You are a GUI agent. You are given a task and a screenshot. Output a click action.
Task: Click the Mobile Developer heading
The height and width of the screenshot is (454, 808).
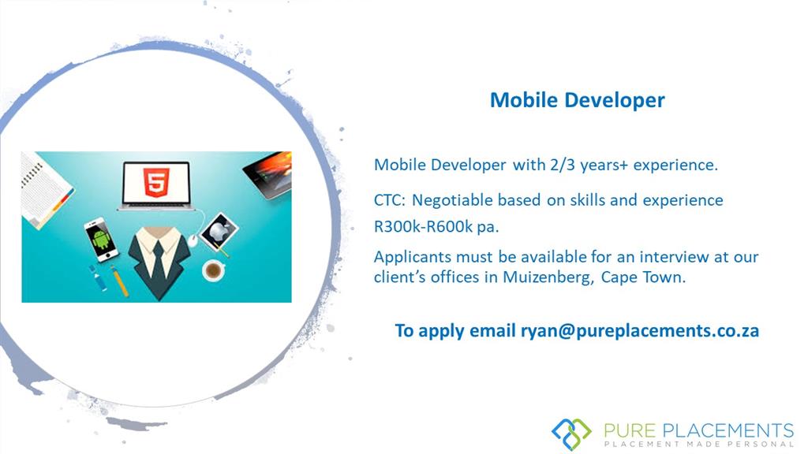[577, 100]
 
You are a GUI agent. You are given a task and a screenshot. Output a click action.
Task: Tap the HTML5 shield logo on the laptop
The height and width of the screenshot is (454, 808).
[157, 182]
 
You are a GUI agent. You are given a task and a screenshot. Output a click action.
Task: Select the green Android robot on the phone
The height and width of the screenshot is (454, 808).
[102, 240]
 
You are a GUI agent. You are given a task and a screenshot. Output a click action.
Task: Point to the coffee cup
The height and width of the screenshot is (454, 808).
[213, 270]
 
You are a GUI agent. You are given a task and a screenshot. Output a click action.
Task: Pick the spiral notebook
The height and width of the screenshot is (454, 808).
[44, 188]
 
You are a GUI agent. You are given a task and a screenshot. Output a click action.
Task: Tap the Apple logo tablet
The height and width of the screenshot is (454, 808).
[219, 233]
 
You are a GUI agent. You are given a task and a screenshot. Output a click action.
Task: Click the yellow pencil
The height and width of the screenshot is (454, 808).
[120, 281]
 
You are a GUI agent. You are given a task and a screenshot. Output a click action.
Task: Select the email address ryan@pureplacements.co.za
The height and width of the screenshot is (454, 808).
[639, 330]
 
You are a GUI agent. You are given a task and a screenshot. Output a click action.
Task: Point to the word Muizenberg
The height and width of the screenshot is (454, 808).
[548, 277]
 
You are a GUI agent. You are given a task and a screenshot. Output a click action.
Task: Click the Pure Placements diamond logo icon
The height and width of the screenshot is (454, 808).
[571, 434]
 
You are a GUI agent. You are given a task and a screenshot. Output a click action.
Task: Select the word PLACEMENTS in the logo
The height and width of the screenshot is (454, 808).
[728, 430]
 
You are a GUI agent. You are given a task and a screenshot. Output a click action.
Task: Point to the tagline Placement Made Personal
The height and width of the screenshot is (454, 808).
[699, 444]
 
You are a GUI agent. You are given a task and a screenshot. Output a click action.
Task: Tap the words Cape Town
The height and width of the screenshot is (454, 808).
[643, 277]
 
